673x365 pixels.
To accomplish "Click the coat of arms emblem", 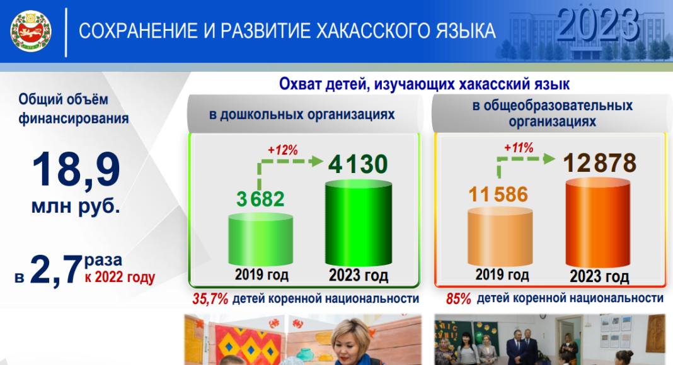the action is [30, 31].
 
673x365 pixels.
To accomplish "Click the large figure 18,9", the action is [76, 170].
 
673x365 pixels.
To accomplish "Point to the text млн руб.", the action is [76, 206].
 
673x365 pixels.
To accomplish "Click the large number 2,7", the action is [56, 270].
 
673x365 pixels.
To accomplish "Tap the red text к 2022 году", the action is [120, 277].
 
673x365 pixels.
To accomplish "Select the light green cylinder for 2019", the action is [260, 240].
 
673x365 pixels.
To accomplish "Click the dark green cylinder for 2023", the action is [359, 223].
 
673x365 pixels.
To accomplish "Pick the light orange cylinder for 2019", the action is [500, 237].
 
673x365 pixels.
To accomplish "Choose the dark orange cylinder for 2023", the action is [598, 223].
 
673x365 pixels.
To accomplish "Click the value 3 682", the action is [260, 199].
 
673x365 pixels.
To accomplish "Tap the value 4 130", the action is [358, 164].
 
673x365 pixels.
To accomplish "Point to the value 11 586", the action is [498, 194].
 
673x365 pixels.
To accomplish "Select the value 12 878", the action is [600, 163].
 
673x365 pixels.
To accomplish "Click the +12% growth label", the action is [283, 150].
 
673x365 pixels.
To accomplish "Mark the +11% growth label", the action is [519, 148].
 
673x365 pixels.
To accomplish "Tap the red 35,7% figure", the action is [210, 298].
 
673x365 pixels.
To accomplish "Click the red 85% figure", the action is [458, 298].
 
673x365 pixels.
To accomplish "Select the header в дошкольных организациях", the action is [302, 115].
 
